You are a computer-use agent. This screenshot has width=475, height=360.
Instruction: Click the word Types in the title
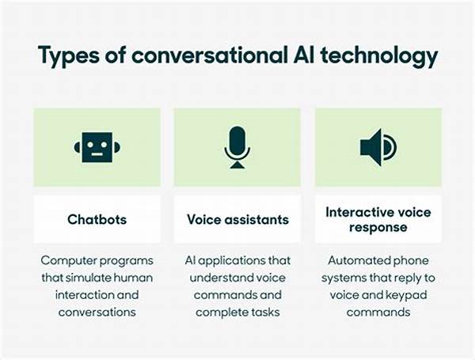point(68,55)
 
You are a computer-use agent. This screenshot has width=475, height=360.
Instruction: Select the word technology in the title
point(379,55)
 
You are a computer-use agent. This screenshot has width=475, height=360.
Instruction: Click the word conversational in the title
point(209,55)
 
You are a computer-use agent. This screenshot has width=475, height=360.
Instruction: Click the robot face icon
point(97,147)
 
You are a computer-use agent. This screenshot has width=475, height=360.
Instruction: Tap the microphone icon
point(237,147)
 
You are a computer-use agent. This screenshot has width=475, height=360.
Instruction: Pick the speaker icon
point(378,147)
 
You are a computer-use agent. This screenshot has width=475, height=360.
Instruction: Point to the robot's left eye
point(90,145)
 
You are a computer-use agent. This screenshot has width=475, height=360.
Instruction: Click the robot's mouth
point(97,155)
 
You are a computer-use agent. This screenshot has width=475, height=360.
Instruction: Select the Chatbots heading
point(97,219)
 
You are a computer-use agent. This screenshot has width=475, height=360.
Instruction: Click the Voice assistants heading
point(237,219)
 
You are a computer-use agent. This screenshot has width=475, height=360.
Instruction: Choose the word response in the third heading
point(378,228)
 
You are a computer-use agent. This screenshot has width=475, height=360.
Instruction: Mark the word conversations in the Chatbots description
point(97,313)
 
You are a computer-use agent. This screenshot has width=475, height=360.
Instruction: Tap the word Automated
point(354,260)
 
